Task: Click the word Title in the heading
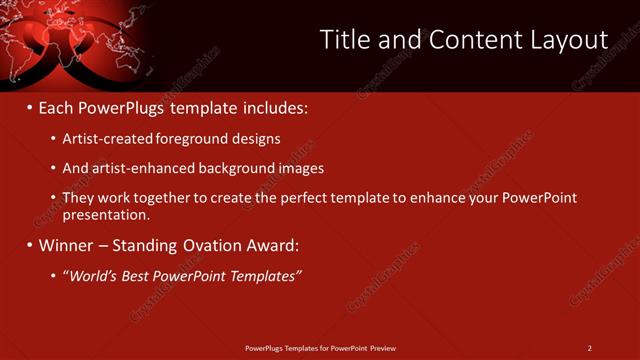(x=344, y=40)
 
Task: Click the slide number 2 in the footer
(x=589, y=348)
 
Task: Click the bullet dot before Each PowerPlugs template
(x=28, y=106)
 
